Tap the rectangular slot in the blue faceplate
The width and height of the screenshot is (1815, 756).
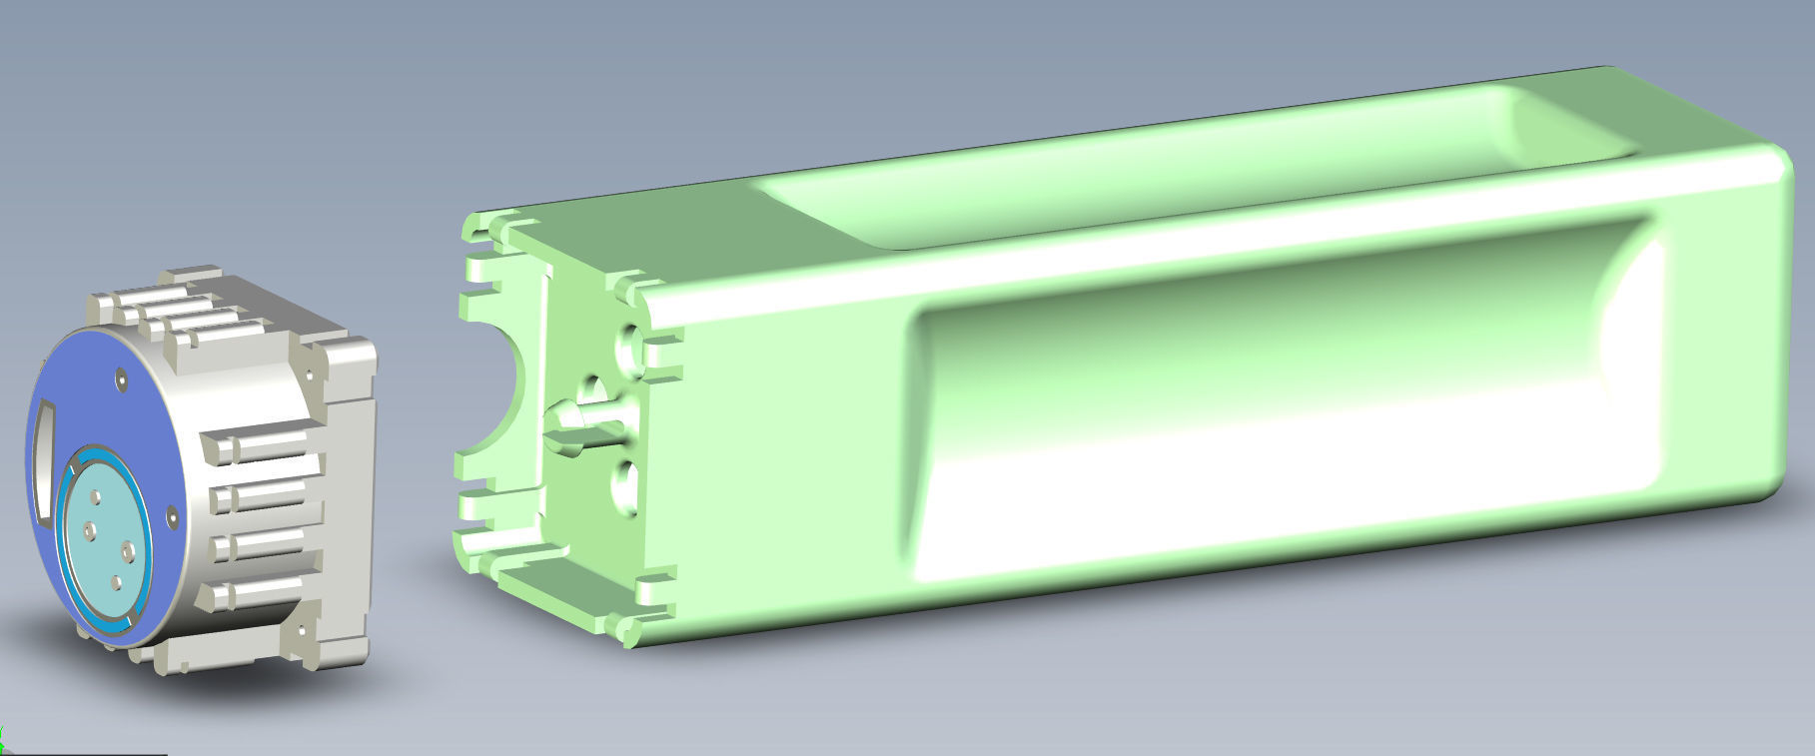(x=44, y=458)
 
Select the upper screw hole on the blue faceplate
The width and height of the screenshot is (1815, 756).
(x=121, y=378)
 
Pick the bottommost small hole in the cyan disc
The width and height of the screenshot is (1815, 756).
(x=116, y=582)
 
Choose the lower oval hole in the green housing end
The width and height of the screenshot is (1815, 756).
(x=624, y=487)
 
